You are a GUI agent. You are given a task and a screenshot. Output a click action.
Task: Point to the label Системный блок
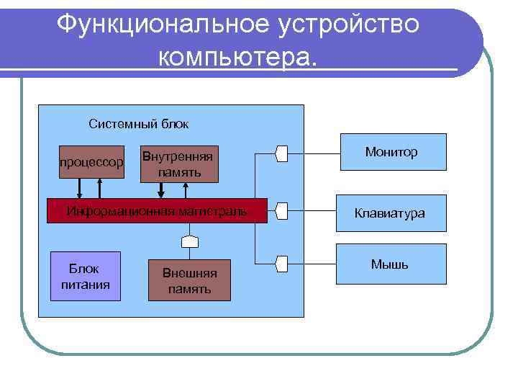pyautogui.click(x=139, y=124)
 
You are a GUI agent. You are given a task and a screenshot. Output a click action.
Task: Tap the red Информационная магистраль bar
pyautogui.click(x=157, y=211)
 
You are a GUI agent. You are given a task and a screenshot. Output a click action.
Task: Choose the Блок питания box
pyautogui.click(x=85, y=276)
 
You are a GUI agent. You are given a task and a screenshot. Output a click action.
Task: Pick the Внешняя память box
pyautogui.click(x=189, y=280)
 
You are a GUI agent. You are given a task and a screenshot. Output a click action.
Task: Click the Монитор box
pyautogui.click(x=393, y=152)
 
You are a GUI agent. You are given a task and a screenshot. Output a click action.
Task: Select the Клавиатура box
pyautogui.click(x=393, y=213)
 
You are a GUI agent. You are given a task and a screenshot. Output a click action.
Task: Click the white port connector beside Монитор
pyautogui.click(x=282, y=153)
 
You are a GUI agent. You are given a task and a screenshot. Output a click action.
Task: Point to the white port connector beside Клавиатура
pyautogui.click(x=282, y=211)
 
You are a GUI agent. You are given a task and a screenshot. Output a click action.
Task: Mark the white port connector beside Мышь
pyautogui.click(x=282, y=264)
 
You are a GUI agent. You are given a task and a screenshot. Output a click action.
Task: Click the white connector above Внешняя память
pyautogui.click(x=189, y=240)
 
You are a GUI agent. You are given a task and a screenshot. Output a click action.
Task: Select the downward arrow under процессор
pyautogui.click(x=80, y=188)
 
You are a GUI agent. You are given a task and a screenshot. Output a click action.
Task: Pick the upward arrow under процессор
pyautogui.click(x=100, y=188)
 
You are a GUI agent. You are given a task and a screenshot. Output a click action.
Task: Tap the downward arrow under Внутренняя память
pyautogui.click(x=162, y=189)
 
